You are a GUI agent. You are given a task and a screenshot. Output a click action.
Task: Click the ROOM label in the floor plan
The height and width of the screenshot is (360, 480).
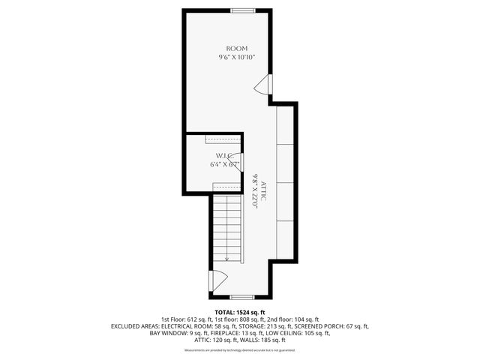click(x=237, y=48)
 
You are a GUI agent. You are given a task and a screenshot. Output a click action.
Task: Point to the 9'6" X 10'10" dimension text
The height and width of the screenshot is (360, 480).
click(x=237, y=57)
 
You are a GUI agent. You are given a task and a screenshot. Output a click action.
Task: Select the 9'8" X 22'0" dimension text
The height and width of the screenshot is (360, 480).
click(x=256, y=190)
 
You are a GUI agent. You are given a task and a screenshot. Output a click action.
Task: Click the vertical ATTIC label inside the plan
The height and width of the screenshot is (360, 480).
click(x=264, y=190)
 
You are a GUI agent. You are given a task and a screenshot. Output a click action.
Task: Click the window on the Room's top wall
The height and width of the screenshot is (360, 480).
click(x=242, y=10)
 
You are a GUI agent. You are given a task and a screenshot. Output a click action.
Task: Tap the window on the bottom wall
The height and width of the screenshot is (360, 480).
click(x=241, y=298)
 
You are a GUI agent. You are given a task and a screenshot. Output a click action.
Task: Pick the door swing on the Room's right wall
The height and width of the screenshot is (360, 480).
click(x=262, y=87)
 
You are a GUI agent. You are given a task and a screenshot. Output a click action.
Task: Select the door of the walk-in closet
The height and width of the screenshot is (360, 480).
click(x=234, y=160)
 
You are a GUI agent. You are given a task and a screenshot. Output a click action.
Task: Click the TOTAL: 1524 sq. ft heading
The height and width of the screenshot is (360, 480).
click(x=240, y=312)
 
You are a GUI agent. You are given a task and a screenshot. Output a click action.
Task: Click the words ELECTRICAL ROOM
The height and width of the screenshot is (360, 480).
click(x=190, y=327)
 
